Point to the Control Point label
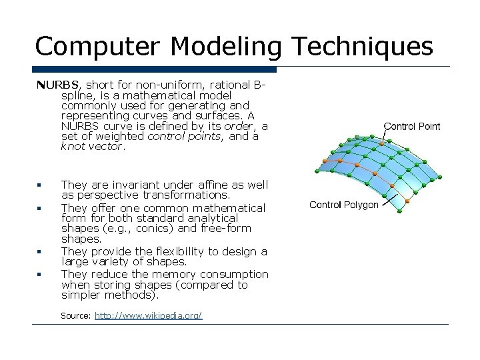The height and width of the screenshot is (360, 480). tap(412, 126)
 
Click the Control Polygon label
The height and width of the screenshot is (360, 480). tap(344, 205)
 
